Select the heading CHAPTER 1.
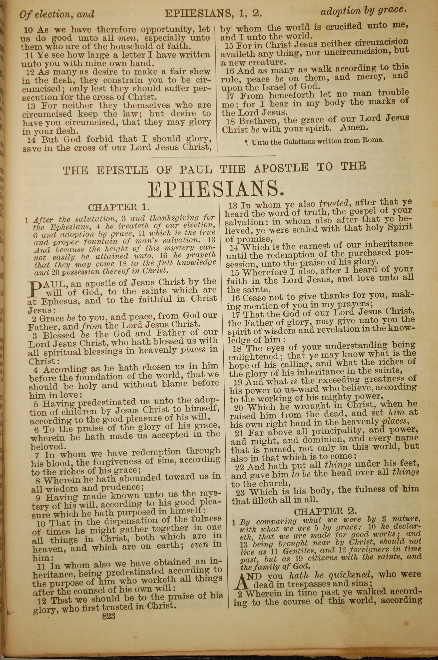pyautogui.click(x=119, y=207)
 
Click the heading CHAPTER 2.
pyautogui.click(x=325, y=511)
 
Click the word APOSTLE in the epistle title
pyautogui.click(x=281, y=168)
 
